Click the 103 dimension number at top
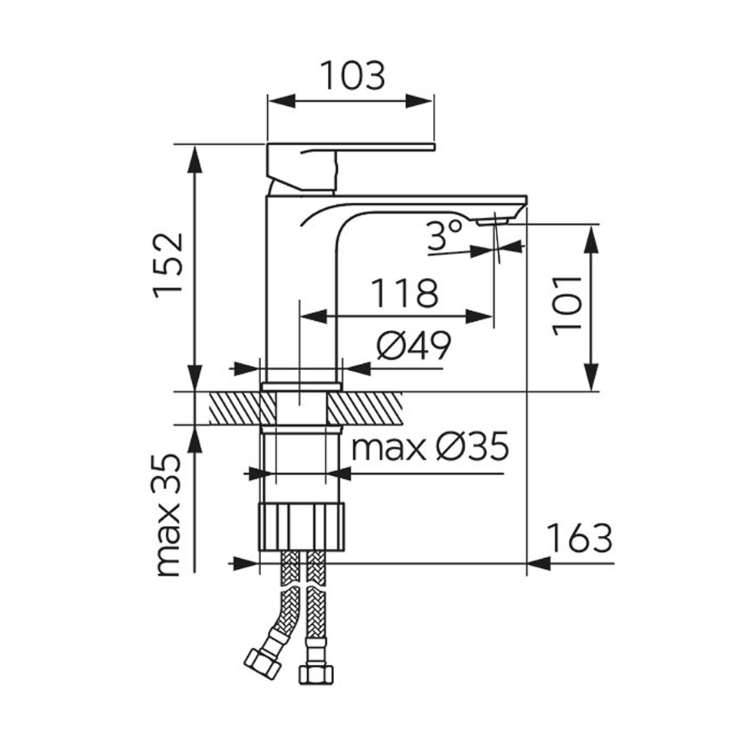point(352,76)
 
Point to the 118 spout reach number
point(405,293)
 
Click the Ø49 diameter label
point(414,345)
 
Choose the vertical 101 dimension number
point(567,306)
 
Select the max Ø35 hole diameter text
point(431,446)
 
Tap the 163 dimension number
point(580,538)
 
